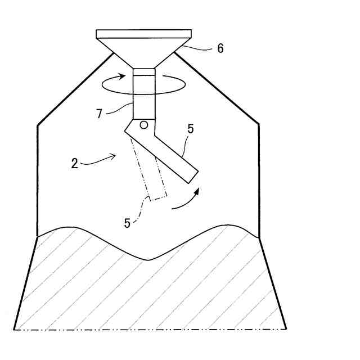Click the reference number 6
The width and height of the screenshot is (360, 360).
click(x=220, y=49)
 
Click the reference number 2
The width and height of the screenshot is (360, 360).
click(x=74, y=164)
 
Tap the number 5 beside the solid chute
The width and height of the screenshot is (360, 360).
click(x=190, y=129)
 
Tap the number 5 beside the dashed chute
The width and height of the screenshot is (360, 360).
click(x=127, y=223)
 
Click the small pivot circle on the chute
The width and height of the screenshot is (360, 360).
click(x=144, y=124)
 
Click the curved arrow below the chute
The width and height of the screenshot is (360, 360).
click(x=186, y=201)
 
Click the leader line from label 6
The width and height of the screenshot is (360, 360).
click(x=194, y=49)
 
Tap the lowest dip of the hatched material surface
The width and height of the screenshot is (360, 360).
click(x=147, y=260)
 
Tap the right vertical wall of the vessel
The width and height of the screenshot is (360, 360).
click(x=259, y=180)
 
